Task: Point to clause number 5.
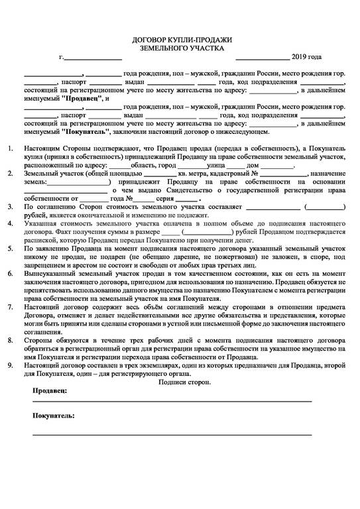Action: pos(9,247)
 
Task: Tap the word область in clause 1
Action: pos(144,165)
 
